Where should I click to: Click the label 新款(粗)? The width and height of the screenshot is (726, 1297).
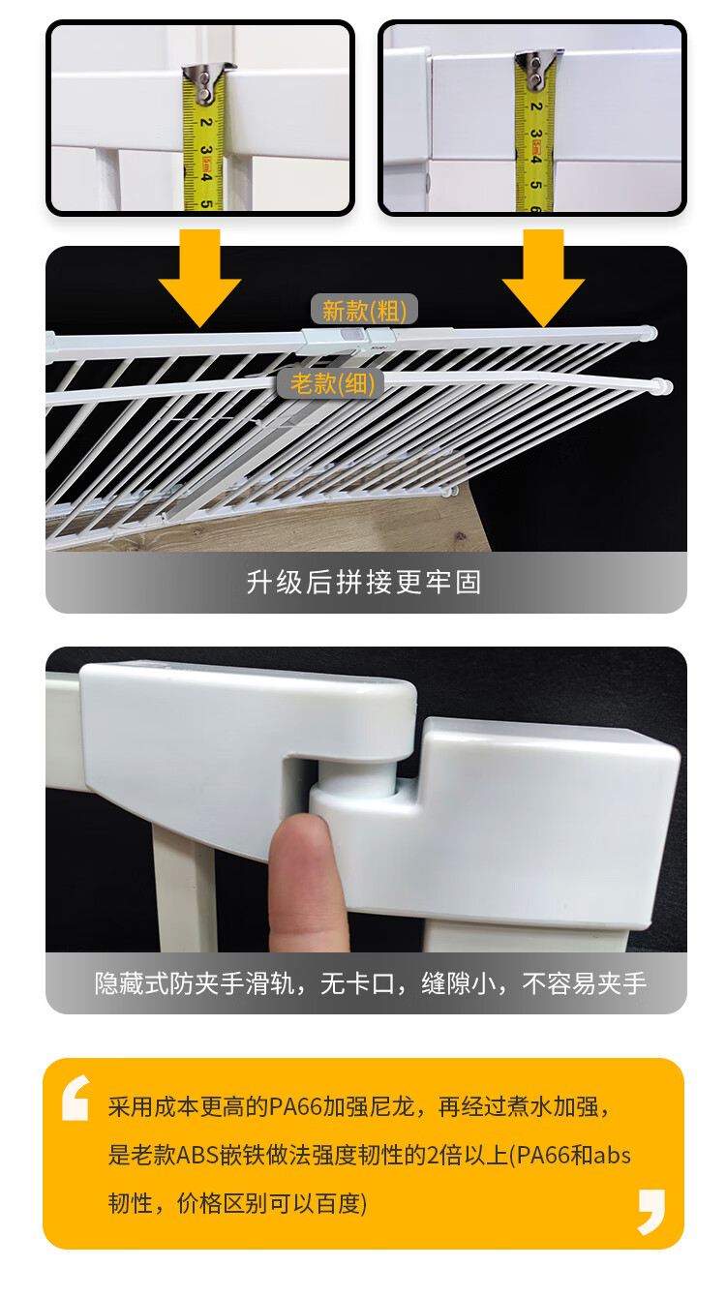point(364,311)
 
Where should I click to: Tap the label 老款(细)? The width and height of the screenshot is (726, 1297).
point(332,383)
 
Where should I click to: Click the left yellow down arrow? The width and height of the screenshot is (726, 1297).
point(199,278)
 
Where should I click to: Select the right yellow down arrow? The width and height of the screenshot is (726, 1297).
point(543,278)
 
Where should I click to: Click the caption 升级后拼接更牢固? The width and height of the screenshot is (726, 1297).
point(364,582)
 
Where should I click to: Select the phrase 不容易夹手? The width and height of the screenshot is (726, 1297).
point(585,983)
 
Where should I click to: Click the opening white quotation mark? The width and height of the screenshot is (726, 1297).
point(76,1098)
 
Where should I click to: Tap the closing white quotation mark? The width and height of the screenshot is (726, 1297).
point(651,1212)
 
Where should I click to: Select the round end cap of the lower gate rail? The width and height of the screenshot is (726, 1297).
point(662,386)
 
